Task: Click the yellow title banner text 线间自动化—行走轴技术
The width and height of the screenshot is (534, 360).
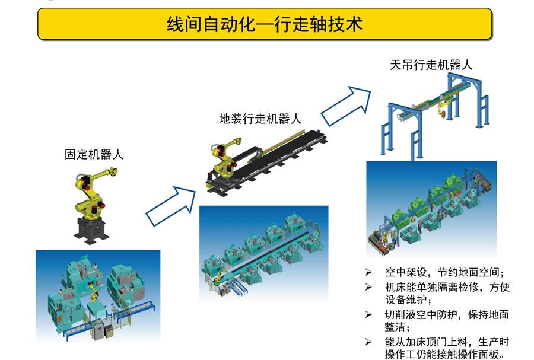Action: point(264,24)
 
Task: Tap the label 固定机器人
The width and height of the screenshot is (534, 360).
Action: point(94,154)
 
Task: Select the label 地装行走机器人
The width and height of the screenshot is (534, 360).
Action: point(260,119)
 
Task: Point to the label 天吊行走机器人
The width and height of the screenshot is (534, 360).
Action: point(431,65)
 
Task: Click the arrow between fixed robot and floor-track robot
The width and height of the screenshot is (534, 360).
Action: point(171,206)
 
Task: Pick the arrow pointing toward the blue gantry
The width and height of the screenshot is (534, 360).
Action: point(346,106)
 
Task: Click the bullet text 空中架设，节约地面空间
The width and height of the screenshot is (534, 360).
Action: point(445,273)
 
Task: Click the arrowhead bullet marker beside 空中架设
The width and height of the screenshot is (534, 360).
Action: point(368,272)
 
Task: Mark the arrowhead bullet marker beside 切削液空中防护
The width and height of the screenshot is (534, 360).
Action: point(368,314)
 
